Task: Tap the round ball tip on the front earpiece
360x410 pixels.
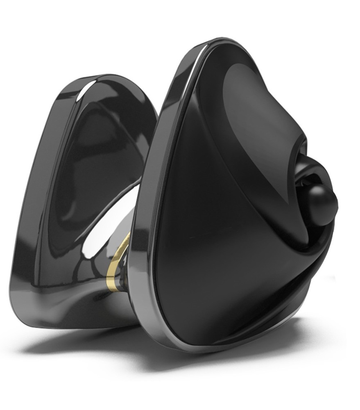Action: [x=322, y=204]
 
